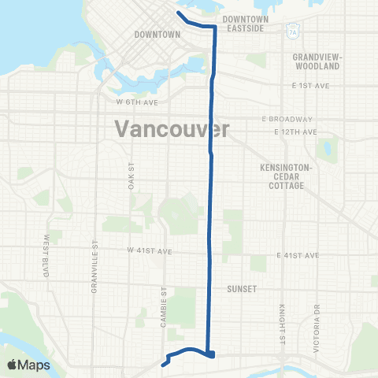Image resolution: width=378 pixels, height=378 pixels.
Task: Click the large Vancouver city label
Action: (172, 128)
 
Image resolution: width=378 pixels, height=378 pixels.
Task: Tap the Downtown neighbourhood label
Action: (157, 35)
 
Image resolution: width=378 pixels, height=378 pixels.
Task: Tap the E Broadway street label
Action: (283, 119)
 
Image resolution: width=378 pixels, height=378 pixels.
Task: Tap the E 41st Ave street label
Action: (298, 256)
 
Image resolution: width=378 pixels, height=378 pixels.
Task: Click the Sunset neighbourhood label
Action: (243, 289)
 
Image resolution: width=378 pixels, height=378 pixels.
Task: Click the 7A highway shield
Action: (293, 32)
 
